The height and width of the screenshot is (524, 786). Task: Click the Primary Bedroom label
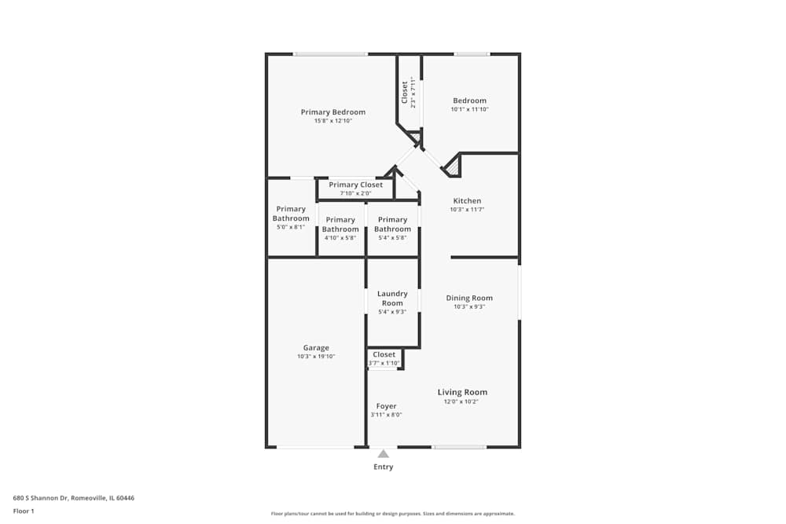coord(332,112)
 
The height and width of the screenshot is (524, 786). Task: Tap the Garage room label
coord(316,348)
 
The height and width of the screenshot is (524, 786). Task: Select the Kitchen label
coord(467,201)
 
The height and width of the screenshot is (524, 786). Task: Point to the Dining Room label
coord(469,298)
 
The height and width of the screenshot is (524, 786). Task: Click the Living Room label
coord(462,392)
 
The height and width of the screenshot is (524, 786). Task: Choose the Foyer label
coord(386,406)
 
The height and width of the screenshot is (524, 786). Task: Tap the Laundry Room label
coord(392,298)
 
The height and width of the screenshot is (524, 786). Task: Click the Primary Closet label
coord(355,185)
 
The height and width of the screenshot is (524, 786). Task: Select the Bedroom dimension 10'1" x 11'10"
coord(470,109)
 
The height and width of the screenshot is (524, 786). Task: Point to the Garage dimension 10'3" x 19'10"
coord(316,357)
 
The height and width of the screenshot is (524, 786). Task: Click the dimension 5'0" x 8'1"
coord(291,227)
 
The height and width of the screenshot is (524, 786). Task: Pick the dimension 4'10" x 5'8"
coord(340,238)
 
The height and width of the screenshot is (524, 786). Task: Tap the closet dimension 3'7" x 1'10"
coord(384,363)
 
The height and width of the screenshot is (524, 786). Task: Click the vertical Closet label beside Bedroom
coord(405,93)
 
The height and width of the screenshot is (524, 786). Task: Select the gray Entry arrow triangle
coord(384,454)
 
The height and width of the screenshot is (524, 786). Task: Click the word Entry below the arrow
coord(384,467)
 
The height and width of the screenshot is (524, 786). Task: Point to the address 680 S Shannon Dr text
coord(74,498)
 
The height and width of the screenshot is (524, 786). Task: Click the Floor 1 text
coord(24,511)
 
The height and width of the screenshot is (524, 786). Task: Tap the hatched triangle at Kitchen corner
coord(453,167)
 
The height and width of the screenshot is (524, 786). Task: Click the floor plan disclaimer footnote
coord(393,514)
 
